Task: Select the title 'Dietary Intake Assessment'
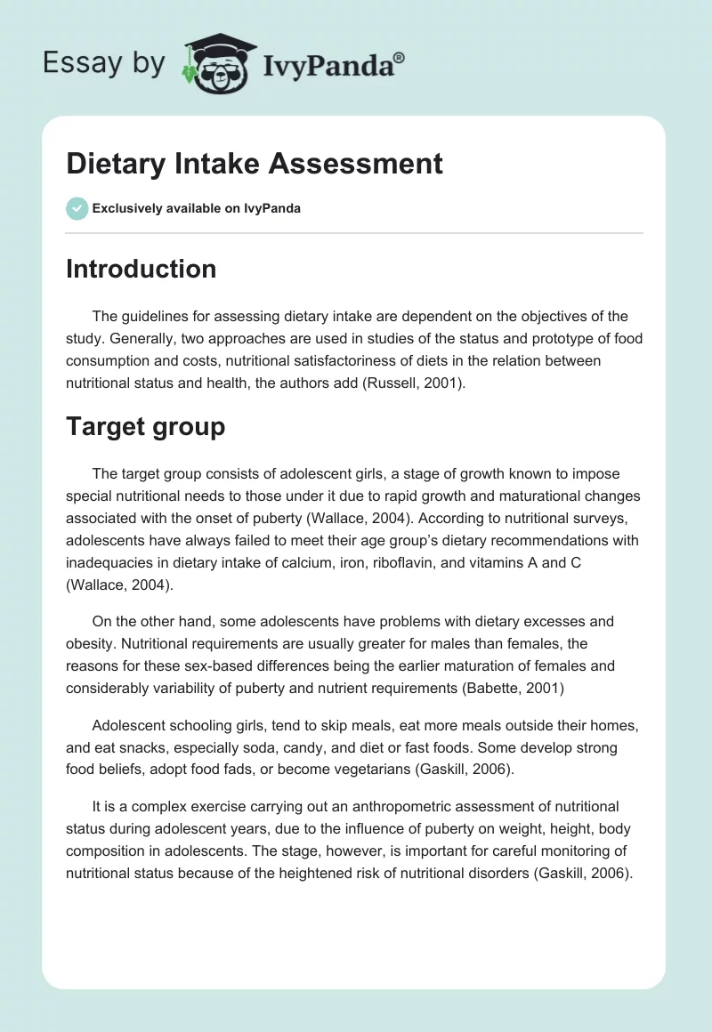[x=255, y=163]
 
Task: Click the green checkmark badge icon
[x=77, y=208]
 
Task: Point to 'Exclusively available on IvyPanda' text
[x=197, y=209]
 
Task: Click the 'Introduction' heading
[x=141, y=269]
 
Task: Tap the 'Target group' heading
[x=145, y=426]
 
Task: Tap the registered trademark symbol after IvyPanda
[x=400, y=57]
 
